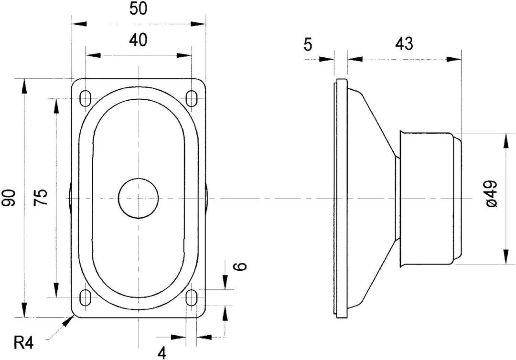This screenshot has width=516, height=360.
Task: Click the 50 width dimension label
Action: coord(138,9)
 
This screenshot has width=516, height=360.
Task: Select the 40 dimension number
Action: coord(138,40)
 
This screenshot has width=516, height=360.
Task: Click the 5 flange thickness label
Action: coord(307,44)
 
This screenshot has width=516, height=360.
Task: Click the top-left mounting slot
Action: coord(86,98)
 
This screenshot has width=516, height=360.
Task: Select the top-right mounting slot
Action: coord(191,98)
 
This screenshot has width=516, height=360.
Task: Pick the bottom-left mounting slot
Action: coord(86,298)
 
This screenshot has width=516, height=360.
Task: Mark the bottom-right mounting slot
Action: coord(191,298)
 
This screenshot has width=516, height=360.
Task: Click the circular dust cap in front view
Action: coord(139,199)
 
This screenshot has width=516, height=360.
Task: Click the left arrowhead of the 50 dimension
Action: coord(79,24)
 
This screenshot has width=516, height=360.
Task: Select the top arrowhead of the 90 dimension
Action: coord(24,86)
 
